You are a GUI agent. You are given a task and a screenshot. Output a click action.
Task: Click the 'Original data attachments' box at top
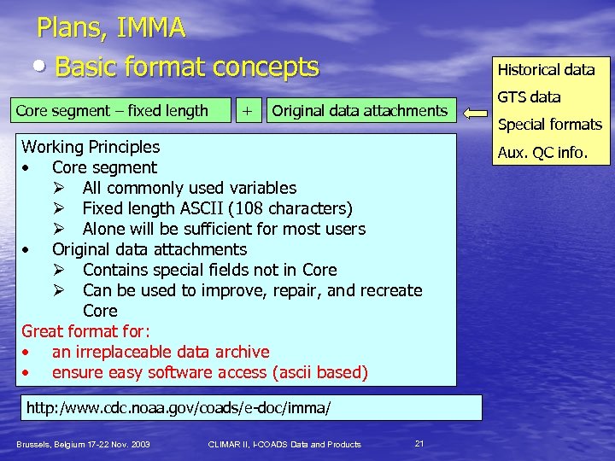[x=359, y=110]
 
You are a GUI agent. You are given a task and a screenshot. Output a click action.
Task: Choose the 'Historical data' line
[x=546, y=70]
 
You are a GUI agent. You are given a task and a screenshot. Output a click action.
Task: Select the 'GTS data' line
[x=530, y=97]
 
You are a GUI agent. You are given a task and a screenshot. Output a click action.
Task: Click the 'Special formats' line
[x=550, y=125]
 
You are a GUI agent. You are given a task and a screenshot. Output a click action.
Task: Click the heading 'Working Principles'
[x=91, y=147]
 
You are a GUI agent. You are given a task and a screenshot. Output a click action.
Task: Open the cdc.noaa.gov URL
[x=178, y=408]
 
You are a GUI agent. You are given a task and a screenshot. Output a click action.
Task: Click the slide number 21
[x=419, y=442]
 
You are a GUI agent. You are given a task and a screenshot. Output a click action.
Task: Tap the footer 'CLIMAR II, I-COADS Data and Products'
[x=284, y=444]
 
